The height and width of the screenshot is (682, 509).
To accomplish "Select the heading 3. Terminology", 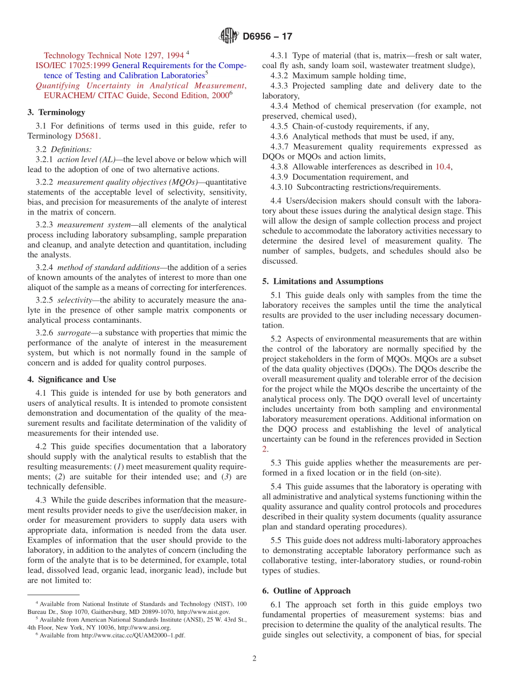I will (56, 112).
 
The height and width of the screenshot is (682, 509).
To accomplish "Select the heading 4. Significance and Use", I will (72, 379).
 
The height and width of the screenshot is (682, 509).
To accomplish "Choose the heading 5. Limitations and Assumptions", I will (323, 281).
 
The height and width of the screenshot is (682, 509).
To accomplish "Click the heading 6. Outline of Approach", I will (306, 590).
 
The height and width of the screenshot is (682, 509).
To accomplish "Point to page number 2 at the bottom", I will (254, 658).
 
